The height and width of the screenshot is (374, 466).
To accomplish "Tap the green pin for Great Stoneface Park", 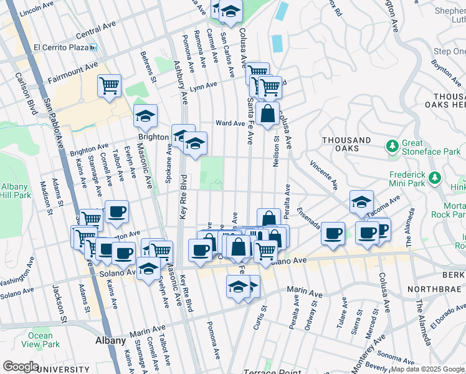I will [x=392, y=146].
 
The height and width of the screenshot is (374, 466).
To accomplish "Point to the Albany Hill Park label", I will [x=14, y=191].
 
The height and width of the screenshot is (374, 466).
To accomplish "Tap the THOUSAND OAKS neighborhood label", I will [x=346, y=145].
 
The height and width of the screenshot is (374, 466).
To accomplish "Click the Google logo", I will [x=20, y=367].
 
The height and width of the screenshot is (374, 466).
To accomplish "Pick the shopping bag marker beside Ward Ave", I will [x=267, y=114].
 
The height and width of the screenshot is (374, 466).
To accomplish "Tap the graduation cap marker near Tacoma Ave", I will [x=361, y=201].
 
